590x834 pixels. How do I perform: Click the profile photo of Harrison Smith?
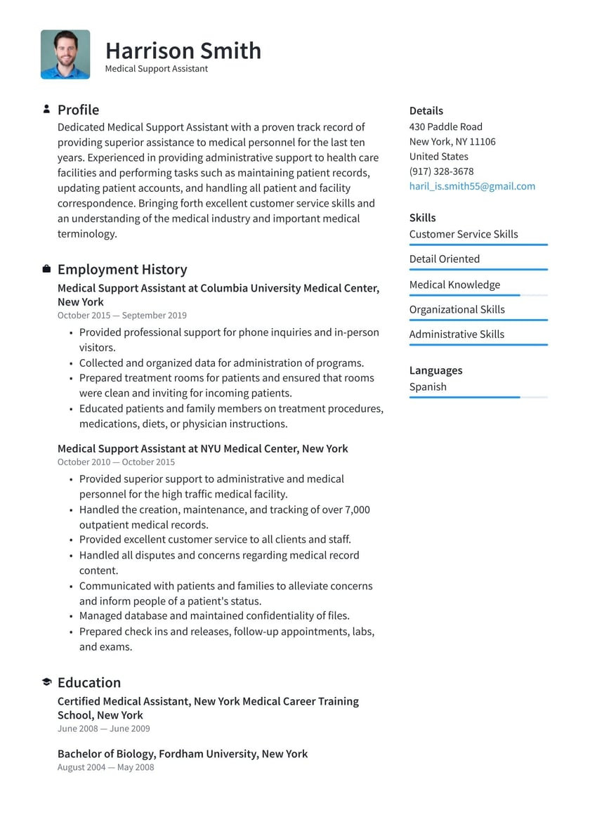coord(65,54)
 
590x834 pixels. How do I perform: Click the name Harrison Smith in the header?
coord(183,51)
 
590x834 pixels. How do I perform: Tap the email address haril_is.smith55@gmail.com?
coord(472,186)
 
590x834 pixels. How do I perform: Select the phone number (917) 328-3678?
coord(441,171)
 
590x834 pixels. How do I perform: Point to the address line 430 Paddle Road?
coord(445,126)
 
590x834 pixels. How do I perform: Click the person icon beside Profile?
coord(46,109)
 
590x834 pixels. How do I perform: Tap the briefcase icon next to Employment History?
coord(46,269)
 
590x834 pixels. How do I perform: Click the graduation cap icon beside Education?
coord(46,682)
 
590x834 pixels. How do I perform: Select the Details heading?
coord(426,110)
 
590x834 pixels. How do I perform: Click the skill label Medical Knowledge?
coord(454,285)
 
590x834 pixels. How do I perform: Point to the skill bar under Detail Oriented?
coord(478,270)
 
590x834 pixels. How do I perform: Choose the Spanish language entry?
coord(428,386)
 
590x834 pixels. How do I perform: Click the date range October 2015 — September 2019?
coord(122,315)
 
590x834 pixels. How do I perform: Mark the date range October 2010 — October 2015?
coord(116,462)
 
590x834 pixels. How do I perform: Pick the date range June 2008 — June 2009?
coord(103,729)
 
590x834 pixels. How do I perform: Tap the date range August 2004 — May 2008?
coord(105,767)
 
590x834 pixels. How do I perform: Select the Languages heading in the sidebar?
coord(435,370)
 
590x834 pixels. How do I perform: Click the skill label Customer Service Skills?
coord(464,234)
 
